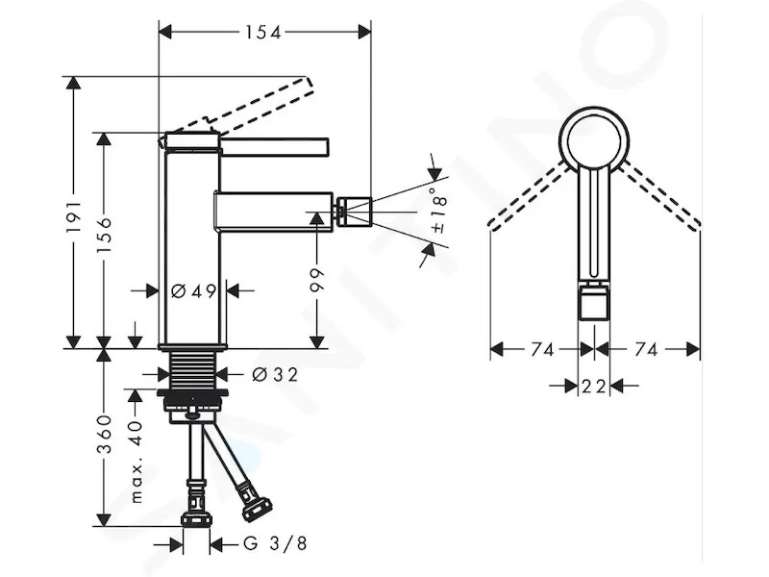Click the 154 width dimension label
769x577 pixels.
coord(263,33)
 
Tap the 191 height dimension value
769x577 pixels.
coord(74,215)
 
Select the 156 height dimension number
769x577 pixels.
coord(104,236)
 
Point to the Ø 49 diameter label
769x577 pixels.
coord(194,291)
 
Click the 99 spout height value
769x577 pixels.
coord(317,280)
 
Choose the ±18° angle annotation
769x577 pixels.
coord(438,210)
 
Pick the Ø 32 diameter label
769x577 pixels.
coord(275,375)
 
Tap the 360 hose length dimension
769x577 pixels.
coord(104,434)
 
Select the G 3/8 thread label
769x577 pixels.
coord(275,543)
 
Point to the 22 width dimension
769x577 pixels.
coord(593,387)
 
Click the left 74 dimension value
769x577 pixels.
coord(542,350)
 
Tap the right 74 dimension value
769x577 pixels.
coord(646,350)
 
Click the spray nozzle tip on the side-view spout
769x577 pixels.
coord(353,211)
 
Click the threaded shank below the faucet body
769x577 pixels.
coord(193,370)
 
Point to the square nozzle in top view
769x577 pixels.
coord(594,303)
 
